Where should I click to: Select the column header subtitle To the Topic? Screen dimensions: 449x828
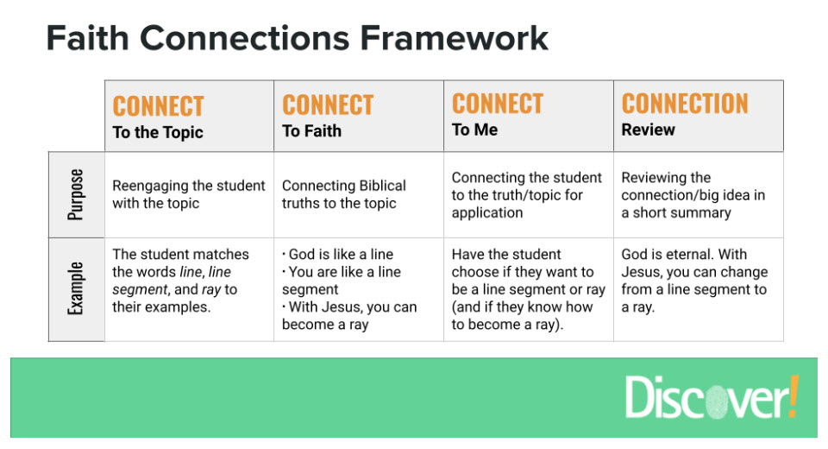158,132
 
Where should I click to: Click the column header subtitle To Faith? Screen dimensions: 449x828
311,131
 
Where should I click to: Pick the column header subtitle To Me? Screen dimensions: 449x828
474,130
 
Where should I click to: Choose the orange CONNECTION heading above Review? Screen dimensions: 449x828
685,104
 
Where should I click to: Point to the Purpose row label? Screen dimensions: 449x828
77,195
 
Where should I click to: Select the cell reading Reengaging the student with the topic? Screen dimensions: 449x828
188,194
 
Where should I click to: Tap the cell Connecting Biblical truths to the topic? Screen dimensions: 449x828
343,194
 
